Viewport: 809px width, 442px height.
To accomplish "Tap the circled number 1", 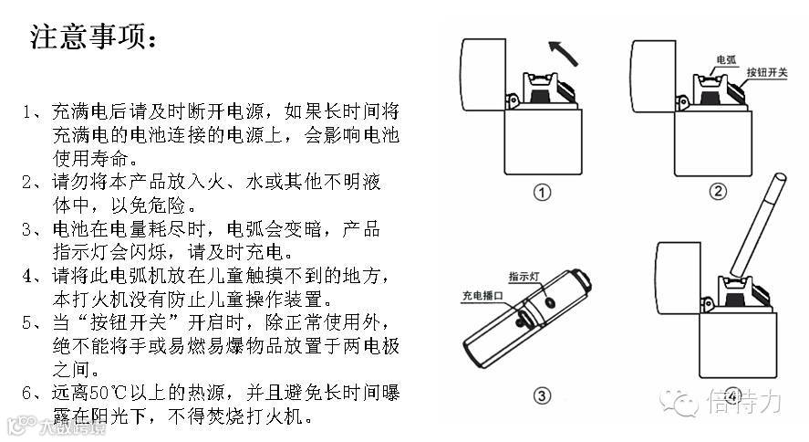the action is pos(542,193).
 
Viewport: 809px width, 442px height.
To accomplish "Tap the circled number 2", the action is pos(718,191).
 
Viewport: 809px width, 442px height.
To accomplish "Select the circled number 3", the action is pos(542,395).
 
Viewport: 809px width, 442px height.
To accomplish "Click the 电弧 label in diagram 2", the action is pos(726,60).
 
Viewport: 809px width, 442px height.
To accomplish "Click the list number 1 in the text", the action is pos(29,112).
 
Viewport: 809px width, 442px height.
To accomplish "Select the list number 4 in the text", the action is pos(29,276).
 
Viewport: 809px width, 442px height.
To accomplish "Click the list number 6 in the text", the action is pos(29,394).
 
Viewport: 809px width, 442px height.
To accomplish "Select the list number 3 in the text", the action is pos(29,229).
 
